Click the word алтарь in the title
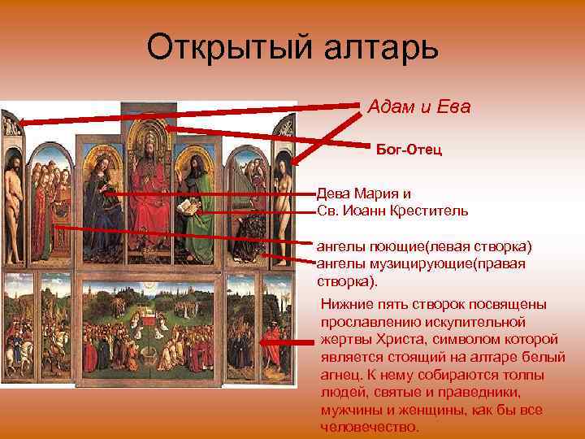pos(382,49)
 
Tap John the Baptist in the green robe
pos(195,203)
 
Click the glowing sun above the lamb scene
pos(148,287)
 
